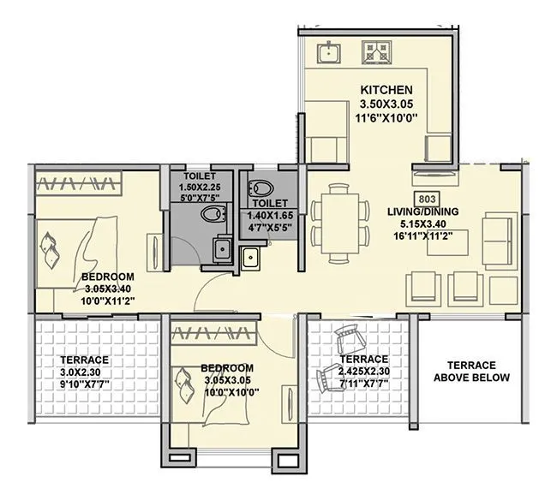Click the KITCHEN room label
click(386, 90)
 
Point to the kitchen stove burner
click(378, 53)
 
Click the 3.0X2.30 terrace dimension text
click(84, 372)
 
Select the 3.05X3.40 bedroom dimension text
click(108, 289)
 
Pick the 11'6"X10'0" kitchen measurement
click(386, 118)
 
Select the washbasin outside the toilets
click(252, 257)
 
